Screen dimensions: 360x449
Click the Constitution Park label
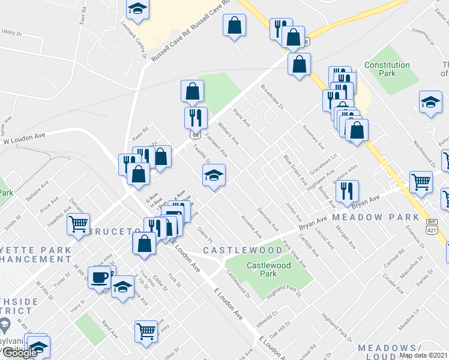[387, 69]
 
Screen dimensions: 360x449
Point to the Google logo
[20, 353]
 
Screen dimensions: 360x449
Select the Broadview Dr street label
[275, 96]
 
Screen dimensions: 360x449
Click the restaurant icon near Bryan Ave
[347, 191]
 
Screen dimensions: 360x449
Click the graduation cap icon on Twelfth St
[214, 175]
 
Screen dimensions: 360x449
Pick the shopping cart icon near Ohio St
[146, 331]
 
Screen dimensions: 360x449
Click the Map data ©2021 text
[423, 355]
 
